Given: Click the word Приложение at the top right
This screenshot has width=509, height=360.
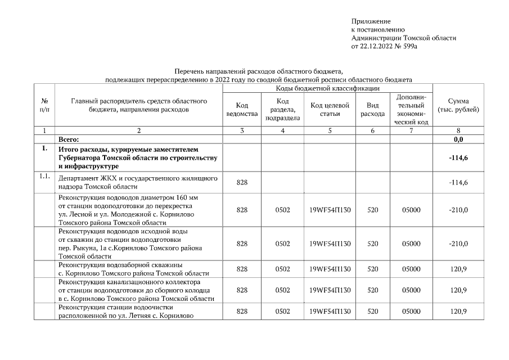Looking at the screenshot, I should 370,21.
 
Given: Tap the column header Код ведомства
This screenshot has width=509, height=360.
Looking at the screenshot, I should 242,110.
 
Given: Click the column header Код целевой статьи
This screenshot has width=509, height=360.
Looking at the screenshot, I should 330,110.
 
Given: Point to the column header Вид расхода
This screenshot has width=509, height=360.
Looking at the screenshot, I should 372,110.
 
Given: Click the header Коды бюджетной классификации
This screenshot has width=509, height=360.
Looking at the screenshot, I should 328,88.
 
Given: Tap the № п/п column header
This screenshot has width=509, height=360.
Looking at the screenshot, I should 44,105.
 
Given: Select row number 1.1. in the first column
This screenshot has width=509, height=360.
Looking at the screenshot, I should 45,177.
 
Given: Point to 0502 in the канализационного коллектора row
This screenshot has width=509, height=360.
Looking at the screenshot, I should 282,290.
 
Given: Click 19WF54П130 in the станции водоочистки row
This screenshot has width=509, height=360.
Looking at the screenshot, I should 330,311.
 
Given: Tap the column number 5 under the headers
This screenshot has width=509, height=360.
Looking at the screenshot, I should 330,130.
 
